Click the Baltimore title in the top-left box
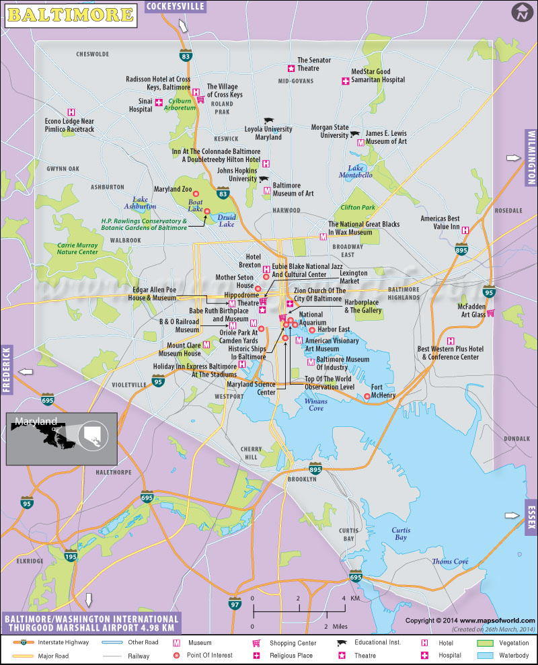tap(71, 13)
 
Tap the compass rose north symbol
tap(521, 12)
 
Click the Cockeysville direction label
tap(176, 7)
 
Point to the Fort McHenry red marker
tap(367, 396)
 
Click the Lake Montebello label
tap(356, 171)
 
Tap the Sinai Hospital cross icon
tap(159, 103)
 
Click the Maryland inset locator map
tap(62, 438)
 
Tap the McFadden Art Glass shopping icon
tap(491, 313)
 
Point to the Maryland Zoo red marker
tap(196, 194)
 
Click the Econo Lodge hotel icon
tap(71, 112)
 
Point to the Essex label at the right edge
tap(531, 516)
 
